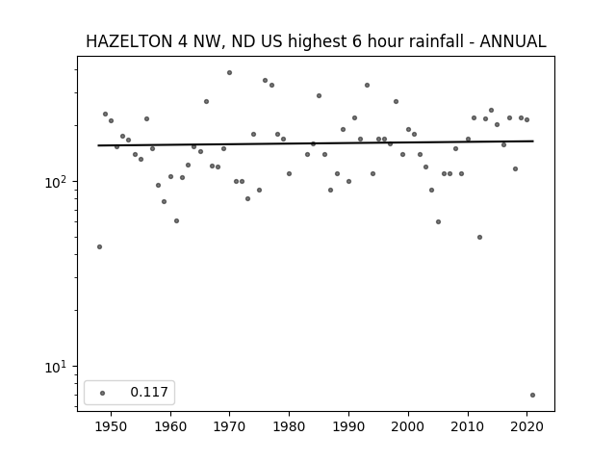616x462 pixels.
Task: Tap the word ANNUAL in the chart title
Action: click(x=513, y=41)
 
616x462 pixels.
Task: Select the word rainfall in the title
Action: click(x=441, y=41)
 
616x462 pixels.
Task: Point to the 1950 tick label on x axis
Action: click(x=111, y=426)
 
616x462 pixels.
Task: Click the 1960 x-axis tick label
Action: click(x=170, y=426)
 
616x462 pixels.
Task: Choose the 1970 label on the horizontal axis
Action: click(x=229, y=426)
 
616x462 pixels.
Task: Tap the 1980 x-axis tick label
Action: click(x=289, y=426)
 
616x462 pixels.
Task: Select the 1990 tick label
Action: click(x=348, y=426)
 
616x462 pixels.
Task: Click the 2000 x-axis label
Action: click(x=408, y=426)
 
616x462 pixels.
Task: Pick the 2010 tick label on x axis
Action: click(x=468, y=426)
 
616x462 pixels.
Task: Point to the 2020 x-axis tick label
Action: click(x=526, y=426)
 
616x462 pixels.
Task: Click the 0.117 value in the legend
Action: click(x=149, y=392)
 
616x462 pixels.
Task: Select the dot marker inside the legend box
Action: click(x=103, y=393)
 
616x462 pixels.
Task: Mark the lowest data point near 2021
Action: click(x=532, y=396)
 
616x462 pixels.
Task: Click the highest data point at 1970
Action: click(x=229, y=73)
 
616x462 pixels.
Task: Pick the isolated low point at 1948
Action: click(x=99, y=246)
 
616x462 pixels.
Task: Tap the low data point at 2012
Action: click(x=479, y=238)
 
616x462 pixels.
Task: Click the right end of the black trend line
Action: click(x=533, y=141)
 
